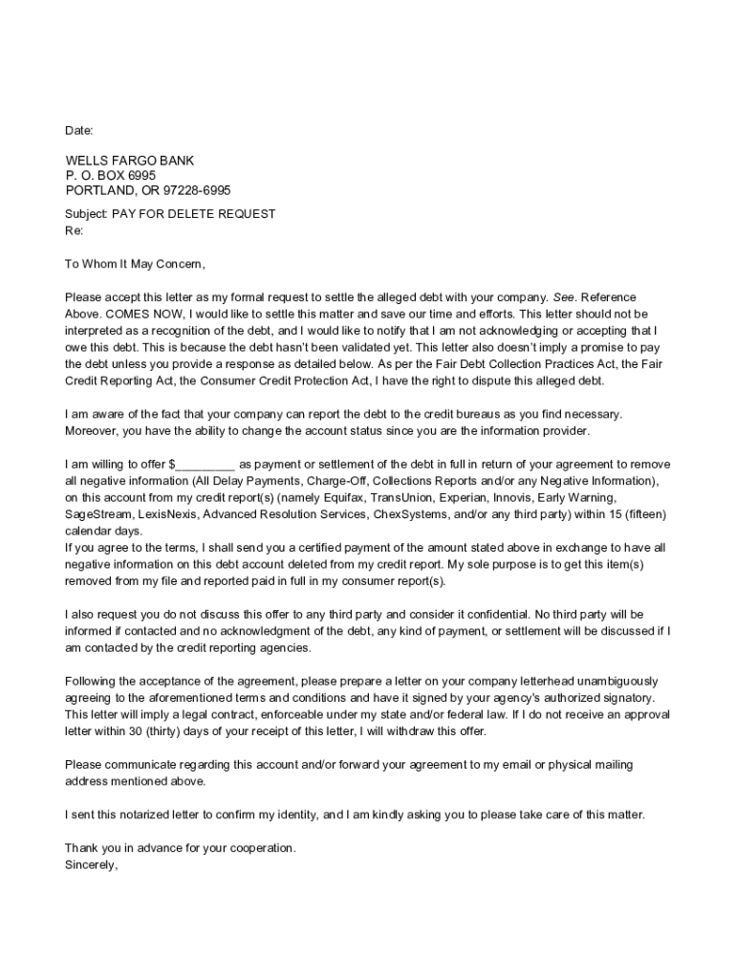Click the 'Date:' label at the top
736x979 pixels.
(x=79, y=130)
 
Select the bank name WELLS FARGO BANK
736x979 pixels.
(x=129, y=161)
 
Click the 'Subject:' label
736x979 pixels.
(x=86, y=214)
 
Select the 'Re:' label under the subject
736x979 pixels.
(x=74, y=231)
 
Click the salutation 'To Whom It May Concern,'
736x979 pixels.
(x=135, y=264)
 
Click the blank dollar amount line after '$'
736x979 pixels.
(x=206, y=464)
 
